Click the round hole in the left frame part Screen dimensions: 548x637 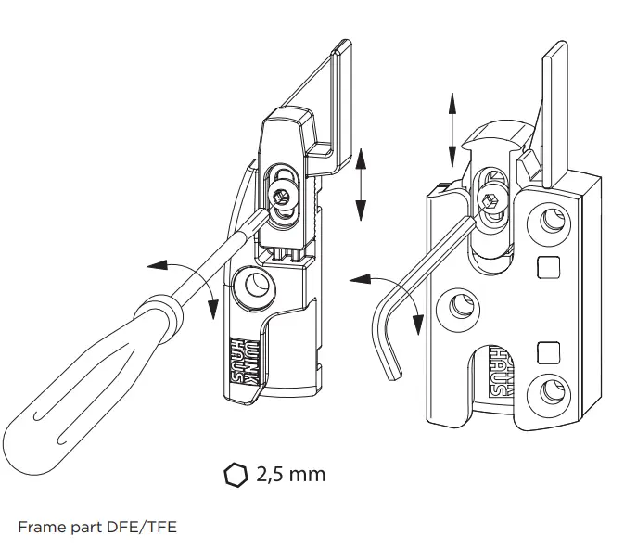coord(254,286)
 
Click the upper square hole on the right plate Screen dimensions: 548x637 coord(548,267)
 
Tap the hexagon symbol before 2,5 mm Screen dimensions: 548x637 coord(236,475)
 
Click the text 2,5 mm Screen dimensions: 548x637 coord(291,474)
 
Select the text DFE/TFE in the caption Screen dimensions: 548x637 coord(144,527)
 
